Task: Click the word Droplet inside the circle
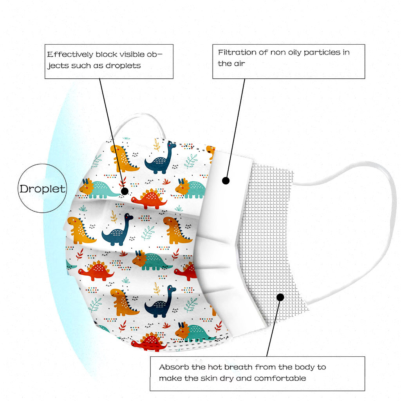(x=42, y=189)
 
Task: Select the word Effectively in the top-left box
(x=70, y=54)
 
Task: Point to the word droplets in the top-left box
(x=123, y=66)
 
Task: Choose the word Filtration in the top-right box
(x=237, y=52)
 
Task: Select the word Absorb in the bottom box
(x=174, y=367)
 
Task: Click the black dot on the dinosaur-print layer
(x=125, y=191)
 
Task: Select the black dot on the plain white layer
(x=226, y=181)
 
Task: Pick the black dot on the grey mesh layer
(x=280, y=297)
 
